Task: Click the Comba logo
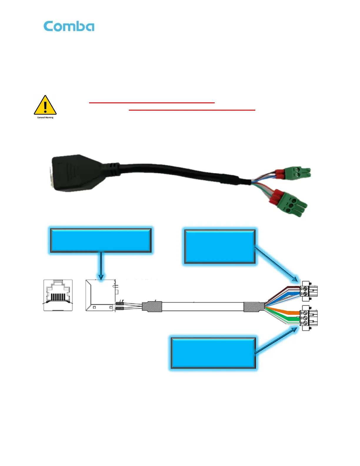[69, 26]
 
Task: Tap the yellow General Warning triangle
[45, 105]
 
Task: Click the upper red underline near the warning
[152, 103]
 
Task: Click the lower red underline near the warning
[192, 110]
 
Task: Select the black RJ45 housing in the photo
[72, 173]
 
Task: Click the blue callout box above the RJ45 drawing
[101, 240]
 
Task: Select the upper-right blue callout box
[220, 247]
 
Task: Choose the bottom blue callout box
[213, 353]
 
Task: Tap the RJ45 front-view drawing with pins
[58, 295]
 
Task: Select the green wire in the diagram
[287, 319]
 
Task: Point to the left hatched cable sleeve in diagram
[152, 307]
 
